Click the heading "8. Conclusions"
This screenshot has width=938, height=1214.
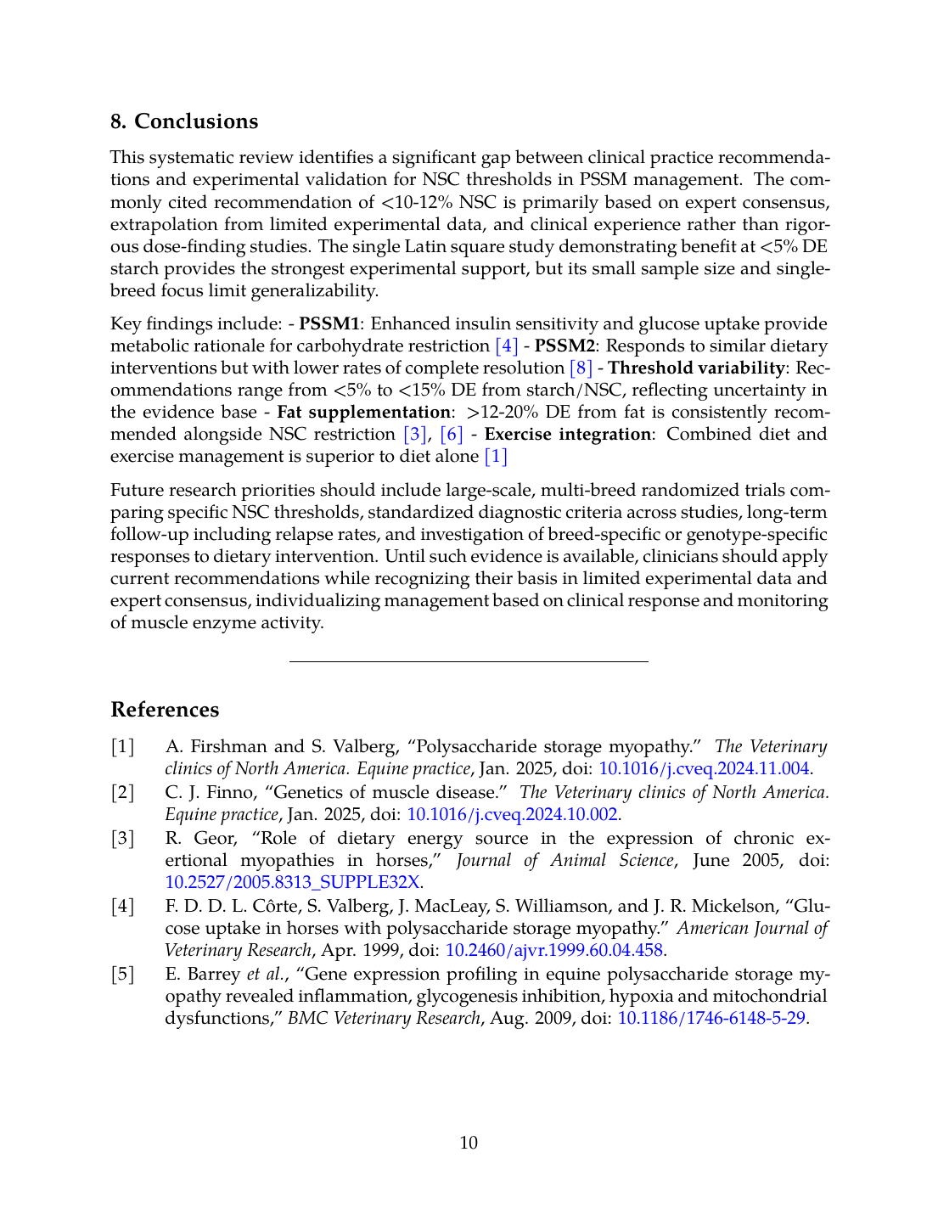point(184,121)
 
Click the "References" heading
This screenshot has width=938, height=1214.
point(165,710)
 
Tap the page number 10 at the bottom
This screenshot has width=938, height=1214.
point(469,1143)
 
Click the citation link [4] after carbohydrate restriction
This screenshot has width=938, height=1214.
point(506,346)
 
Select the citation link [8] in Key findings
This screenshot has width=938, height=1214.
point(581,368)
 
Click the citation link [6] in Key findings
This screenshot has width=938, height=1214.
point(452,434)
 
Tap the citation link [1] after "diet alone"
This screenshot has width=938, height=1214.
point(496,456)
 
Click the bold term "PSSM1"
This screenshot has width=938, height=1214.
point(329,323)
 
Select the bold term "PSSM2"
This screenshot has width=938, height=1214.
point(564,346)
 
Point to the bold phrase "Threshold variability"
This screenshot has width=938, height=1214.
point(696,368)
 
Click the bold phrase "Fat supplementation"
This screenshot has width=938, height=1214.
point(363,412)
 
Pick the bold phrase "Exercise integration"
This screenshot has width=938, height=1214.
point(568,434)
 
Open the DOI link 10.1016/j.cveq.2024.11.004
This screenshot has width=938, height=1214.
point(704,768)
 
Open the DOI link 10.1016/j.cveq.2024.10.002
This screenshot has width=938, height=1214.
point(512,814)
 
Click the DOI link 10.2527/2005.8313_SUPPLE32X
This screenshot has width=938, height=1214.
point(292,882)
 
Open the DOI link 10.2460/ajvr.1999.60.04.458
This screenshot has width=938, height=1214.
point(553,950)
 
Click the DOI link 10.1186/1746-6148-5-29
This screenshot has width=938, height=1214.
point(711,1018)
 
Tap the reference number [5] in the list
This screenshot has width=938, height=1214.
point(123,974)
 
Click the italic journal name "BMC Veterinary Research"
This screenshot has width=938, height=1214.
point(384,1018)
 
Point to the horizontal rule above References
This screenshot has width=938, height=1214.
point(469,661)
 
